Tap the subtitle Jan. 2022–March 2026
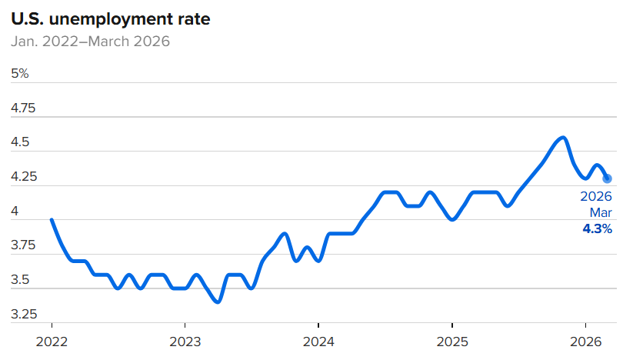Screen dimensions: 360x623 click(x=90, y=41)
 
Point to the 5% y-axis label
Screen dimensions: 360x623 click(x=20, y=74)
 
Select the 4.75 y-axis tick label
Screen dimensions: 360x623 click(x=23, y=108)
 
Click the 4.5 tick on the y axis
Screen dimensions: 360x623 click(x=20, y=143)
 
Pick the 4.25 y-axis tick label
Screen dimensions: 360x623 click(x=23, y=177)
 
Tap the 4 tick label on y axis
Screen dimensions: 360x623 click(x=15, y=212)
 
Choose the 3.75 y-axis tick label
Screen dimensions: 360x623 click(x=23, y=245)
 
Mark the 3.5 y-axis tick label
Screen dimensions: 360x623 click(x=20, y=280)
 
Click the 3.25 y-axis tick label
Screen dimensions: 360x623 click(x=23, y=314)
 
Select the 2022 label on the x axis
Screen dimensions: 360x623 click(x=52, y=341)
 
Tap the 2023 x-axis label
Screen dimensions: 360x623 click(x=185, y=341)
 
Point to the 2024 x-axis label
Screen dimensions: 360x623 click(x=318, y=341)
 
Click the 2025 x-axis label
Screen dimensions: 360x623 click(x=451, y=341)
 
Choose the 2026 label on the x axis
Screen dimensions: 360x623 click(x=585, y=341)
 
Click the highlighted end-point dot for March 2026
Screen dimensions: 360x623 click(x=607, y=178)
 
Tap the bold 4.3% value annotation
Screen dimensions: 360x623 click(x=598, y=228)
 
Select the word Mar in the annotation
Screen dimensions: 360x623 click(x=601, y=212)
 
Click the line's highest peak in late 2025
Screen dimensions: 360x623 click(x=563, y=138)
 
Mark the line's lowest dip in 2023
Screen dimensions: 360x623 click(x=218, y=302)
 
